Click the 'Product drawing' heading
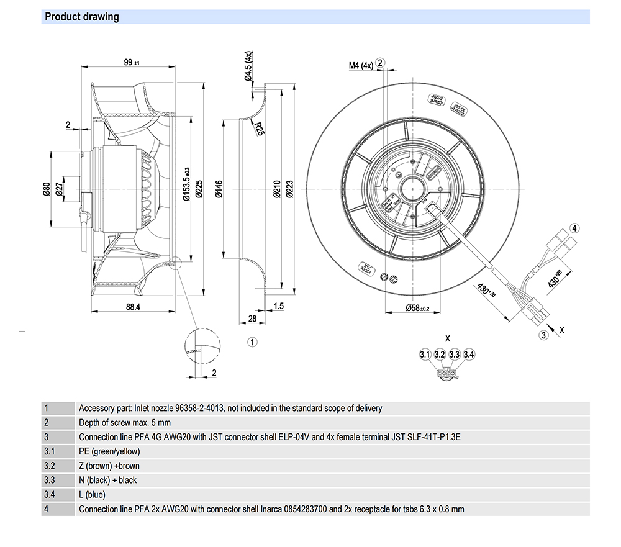pos(82,17)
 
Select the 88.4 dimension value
pos(132,307)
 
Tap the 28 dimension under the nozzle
pos(253,319)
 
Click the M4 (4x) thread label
pos(360,65)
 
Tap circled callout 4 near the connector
pos(574,228)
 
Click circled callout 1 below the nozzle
pos(253,341)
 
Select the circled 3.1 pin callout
pos(425,355)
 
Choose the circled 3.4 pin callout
pos(469,355)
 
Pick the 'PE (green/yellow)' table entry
pos(109,451)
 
